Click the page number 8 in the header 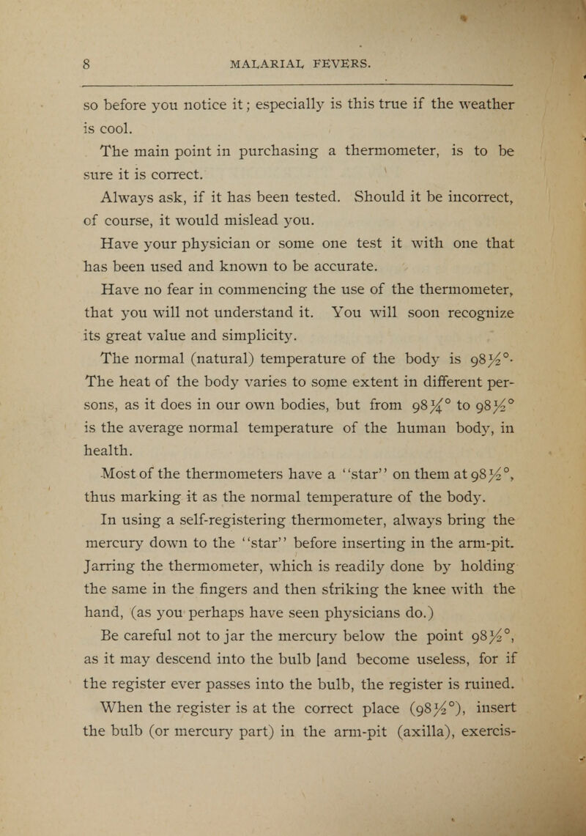pyautogui.click(x=85, y=63)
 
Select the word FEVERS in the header pyautogui.click(x=352, y=63)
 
